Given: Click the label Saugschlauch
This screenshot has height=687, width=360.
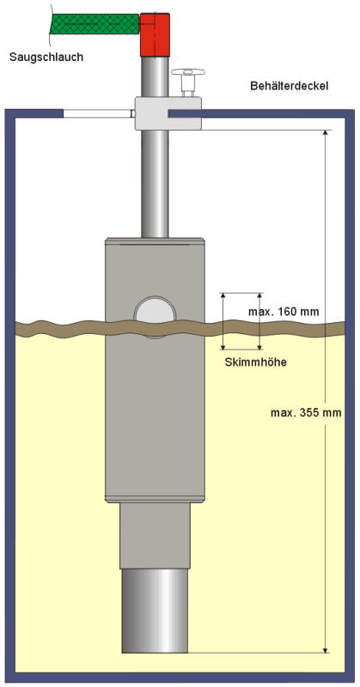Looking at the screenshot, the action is pos(46,57).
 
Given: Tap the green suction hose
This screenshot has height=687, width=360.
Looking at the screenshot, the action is pos(95,24).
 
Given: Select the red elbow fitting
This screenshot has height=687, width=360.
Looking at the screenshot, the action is pos(155,35).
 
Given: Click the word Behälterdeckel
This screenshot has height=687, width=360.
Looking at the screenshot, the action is pos(289,86).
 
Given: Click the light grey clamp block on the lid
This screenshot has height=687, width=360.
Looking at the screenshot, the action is pos(168,113).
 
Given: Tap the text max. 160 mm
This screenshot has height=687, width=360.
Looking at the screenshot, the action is pos(284,312).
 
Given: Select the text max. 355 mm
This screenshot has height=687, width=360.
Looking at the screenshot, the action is pos(306,413).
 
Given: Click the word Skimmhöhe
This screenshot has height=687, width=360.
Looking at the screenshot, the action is pos(256,362).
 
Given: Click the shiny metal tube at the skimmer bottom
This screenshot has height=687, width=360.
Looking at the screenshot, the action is pos(155,611).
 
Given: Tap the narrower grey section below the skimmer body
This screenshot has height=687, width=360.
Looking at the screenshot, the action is pos(155,535).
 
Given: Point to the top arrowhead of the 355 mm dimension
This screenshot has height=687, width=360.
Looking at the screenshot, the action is pos(325,133).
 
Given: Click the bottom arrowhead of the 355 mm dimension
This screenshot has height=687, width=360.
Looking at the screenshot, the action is pos(325,650).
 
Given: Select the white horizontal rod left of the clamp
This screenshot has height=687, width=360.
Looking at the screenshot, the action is pos(99,114).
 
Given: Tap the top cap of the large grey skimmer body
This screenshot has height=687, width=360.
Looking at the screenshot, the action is pos(155,241).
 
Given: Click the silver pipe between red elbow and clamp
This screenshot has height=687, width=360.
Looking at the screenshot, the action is pos(155,76).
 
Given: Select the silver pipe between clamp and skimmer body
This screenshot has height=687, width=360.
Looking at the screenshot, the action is pos(155,184).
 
